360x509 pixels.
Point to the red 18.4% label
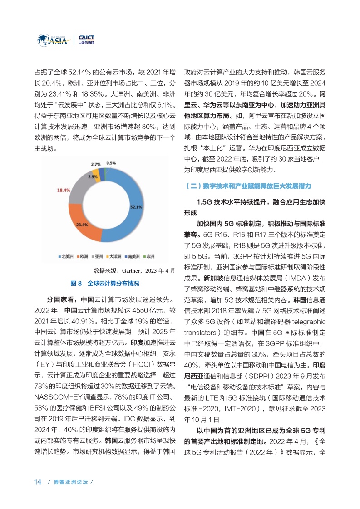[x=64, y=191]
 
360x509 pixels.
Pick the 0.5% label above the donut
[x=111, y=163]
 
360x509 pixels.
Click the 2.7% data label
[x=96, y=164]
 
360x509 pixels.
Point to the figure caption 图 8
[x=77, y=283]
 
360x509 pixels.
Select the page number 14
[x=38, y=481]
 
